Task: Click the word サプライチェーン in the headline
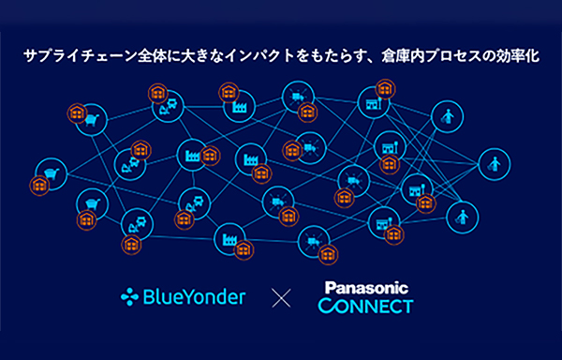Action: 67,57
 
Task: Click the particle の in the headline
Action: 485,57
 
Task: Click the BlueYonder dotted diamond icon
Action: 129,298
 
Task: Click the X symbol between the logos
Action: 282,299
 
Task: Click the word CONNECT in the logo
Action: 365,307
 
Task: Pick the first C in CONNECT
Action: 325,307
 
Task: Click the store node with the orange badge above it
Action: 371,104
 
